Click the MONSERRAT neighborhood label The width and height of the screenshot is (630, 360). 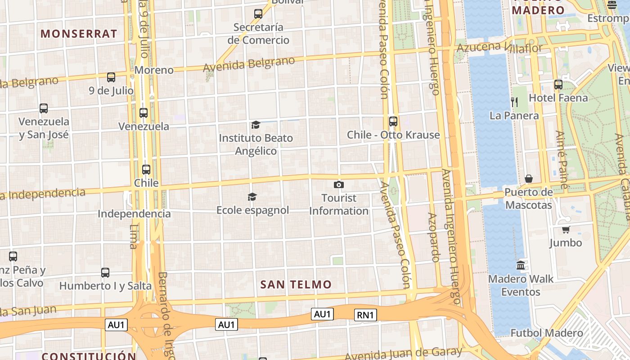[x=79, y=34]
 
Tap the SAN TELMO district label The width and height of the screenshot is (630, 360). [x=296, y=284]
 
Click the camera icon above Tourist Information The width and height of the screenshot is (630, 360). [x=339, y=184]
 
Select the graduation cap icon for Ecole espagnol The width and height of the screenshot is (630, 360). [x=252, y=197]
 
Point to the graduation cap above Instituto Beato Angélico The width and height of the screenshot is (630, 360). [x=256, y=125]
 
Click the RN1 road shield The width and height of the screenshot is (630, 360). [x=365, y=315]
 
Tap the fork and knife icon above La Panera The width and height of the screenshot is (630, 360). [x=514, y=102]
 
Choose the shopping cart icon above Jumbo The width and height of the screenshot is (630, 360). [x=566, y=229]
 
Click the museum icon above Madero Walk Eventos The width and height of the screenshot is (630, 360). [x=521, y=265]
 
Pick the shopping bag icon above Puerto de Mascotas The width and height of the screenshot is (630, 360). [x=529, y=179]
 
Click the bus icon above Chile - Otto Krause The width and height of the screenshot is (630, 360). [x=393, y=121]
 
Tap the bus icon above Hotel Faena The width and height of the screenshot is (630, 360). [x=558, y=84]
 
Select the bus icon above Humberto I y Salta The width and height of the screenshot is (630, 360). [x=105, y=272]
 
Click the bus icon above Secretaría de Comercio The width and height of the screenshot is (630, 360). [x=258, y=14]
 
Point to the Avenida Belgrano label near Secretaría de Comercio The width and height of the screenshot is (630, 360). [x=249, y=64]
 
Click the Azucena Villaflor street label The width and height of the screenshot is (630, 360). [x=499, y=47]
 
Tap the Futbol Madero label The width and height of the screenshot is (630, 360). [x=546, y=333]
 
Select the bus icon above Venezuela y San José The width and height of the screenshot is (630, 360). [x=44, y=108]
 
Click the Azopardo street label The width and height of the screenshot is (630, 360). [x=433, y=237]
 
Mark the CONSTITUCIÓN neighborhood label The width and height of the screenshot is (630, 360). [x=89, y=356]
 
